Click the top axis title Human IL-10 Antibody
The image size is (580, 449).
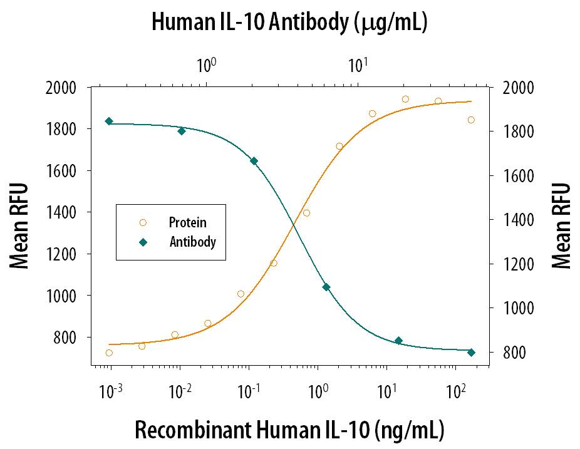(290, 23)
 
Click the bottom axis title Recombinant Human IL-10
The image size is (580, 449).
(289, 431)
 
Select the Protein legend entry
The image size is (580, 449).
(187, 222)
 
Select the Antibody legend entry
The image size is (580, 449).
(192, 242)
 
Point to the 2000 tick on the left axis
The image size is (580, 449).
(61, 88)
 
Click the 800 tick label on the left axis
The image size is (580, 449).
(65, 338)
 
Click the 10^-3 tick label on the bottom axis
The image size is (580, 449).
(111, 392)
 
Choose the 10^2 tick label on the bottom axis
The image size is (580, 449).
(456, 392)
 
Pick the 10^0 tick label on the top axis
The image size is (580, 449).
(207, 65)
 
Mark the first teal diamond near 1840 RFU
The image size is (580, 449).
(109, 121)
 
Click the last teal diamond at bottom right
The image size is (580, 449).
(471, 352)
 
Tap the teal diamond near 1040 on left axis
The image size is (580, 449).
(326, 287)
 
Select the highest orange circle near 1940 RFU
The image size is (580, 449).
(405, 99)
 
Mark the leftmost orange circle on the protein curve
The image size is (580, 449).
(109, 353)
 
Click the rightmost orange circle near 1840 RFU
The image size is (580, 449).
(471, 120)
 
